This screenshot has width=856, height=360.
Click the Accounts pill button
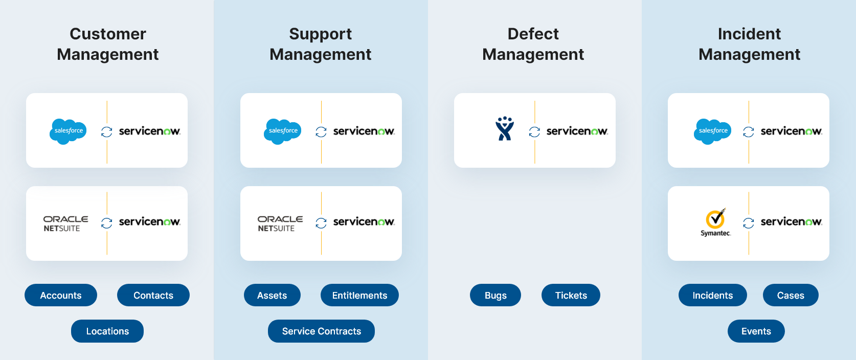[x=61, y=295]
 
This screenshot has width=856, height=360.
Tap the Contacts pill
[x=153, y=295]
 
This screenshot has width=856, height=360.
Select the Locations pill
[x=107, y=331]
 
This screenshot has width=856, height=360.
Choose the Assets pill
[x=272, y=295]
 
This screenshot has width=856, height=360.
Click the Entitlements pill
[x=359, y=295]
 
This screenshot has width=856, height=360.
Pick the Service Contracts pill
[x=321, y=331]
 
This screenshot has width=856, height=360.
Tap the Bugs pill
[x=495, y=295]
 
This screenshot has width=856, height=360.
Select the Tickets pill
[x=571, y=295]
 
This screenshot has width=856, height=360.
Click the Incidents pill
[x=712, y=295]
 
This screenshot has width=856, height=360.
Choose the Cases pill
[x=791, y=295]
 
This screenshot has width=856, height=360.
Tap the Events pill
[x=756, y=331]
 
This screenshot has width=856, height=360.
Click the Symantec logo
[x=715, y=222]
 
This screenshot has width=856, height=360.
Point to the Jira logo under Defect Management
[x=505, y=128]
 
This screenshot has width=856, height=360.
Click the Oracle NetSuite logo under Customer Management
[x=65, y=223]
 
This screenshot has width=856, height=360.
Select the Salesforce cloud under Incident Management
[x=712, y=131]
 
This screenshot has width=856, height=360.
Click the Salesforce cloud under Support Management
[x=283, y=131]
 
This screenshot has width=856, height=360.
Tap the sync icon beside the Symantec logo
[x=749, y=223]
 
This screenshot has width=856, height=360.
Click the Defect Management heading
[x=533, y=44]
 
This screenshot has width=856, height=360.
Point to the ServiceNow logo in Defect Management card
[x=577, y=131]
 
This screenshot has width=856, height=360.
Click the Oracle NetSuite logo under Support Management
[x=280, y=223]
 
